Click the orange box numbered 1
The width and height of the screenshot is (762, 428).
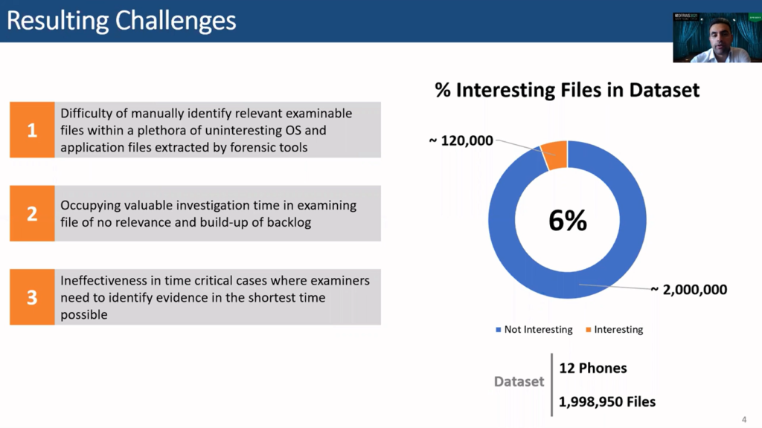32,129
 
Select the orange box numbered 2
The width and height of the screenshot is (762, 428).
32,213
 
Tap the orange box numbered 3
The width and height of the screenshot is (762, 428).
32,297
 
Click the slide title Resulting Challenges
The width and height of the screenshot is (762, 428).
121,22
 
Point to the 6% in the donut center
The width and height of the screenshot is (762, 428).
568,220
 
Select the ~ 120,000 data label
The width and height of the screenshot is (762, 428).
461,140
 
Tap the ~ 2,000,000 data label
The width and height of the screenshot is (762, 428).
689,290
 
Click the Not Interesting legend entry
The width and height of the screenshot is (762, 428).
534,329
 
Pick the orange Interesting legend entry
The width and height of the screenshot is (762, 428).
614,329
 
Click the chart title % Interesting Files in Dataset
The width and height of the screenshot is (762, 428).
567,90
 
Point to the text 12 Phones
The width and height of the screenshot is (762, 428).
593,369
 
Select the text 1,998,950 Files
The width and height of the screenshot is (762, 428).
607,402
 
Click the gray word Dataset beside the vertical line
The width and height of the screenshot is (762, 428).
519,382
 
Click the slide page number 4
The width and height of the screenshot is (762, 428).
744,420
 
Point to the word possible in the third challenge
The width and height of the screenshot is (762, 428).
84,315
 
